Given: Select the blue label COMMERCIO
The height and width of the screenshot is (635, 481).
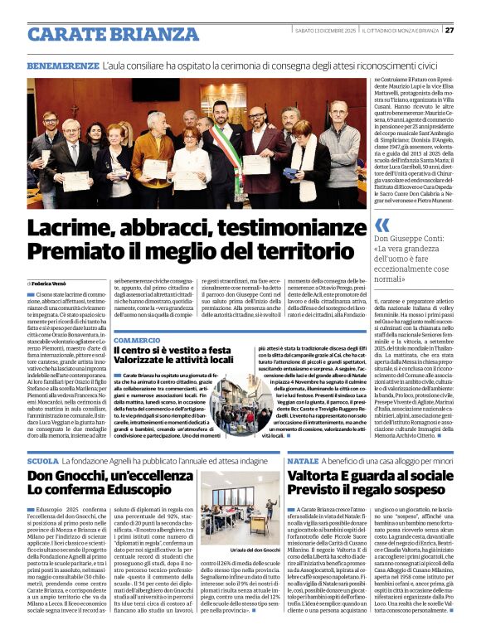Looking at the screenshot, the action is coord(137,340).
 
